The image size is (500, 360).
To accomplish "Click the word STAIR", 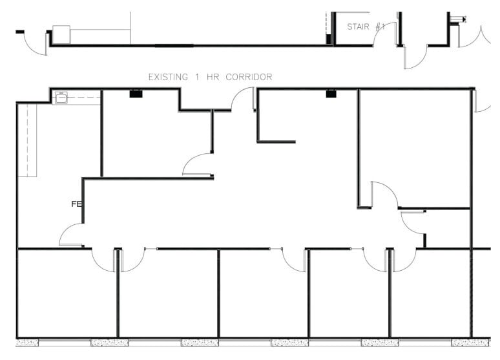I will tap(359, 26).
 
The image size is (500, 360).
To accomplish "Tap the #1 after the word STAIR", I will tap(380, 26).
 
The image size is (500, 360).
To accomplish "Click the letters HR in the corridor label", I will tap(213, 77).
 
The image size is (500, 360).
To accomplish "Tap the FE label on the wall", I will tap(76, 204).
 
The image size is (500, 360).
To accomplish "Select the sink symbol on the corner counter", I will tap(61, 99).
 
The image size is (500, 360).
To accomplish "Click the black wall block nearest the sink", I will tap(136, 94).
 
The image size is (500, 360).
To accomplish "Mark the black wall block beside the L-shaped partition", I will tap(331, 94).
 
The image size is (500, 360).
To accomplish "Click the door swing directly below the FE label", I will tap(72, 235).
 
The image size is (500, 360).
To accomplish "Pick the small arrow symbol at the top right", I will tap(458, 19).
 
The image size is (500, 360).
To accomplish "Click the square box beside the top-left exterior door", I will tap(61, 34).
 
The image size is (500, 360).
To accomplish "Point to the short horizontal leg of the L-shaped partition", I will tap(276, 142).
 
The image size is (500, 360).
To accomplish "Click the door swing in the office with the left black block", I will tap(197, 164).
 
